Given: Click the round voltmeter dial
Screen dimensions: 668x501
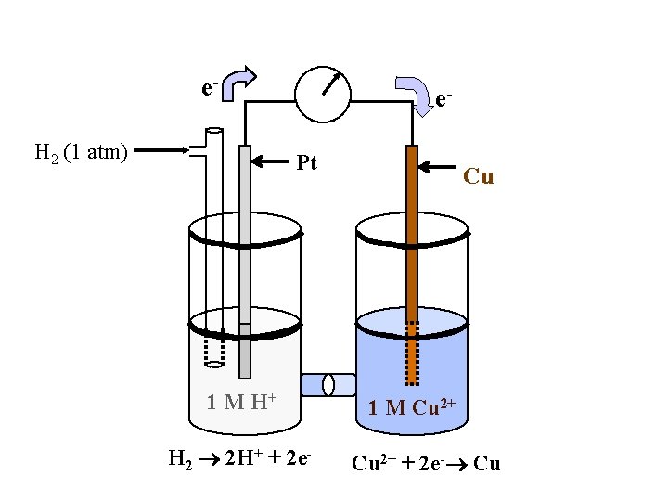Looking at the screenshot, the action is (323, 93).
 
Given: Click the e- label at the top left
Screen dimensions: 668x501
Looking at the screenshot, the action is (210, 89).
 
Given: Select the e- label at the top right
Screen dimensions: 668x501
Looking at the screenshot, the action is (444, 97).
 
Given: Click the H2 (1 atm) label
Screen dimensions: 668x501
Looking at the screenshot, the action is (81, 152).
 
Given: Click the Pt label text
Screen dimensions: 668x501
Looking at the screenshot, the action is (306, 163).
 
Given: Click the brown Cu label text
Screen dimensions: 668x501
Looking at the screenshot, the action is (478, 176).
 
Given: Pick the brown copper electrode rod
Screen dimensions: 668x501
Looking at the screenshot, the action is (412, 241).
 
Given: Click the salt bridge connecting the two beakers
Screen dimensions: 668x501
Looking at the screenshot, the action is (328, 384).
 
